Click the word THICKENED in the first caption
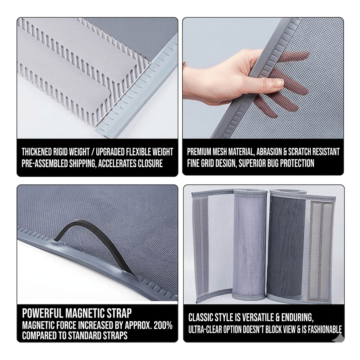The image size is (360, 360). tap(37, 152)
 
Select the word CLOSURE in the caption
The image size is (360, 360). tap(150, 163)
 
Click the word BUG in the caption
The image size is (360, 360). tap(273, 163)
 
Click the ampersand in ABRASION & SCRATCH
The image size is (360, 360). tap(285, 152)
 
